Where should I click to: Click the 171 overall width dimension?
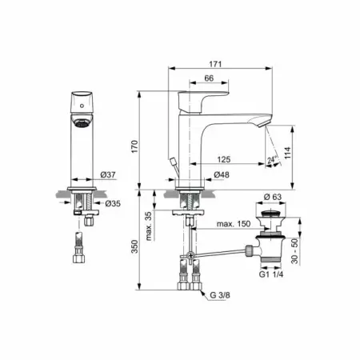point(215,64)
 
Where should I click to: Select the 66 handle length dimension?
point(209,78)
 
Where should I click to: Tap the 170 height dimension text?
point(134,146)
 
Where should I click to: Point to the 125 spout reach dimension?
point(223,159)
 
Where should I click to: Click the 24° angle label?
point(271,160)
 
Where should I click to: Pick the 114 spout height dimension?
point(287,153)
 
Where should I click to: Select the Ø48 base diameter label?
point(222,174)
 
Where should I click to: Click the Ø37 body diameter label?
point(108,174)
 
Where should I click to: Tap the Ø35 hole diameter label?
point(113,203)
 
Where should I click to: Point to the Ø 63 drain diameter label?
point(273,197)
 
